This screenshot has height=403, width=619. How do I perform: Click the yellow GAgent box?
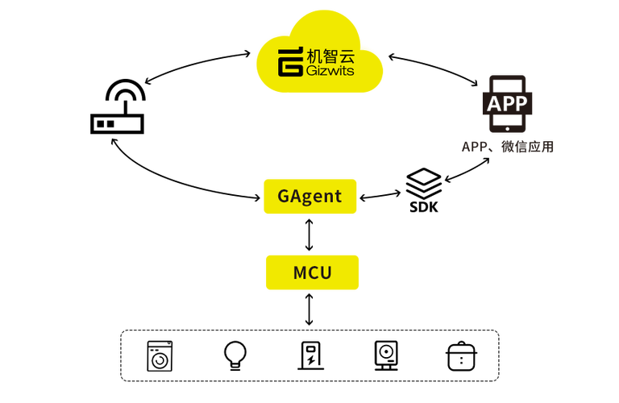point(309,196)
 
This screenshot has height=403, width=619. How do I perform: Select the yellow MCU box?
point(312,272)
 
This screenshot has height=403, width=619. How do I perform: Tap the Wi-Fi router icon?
point(117,106)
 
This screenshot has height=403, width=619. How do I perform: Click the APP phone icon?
point(507,104)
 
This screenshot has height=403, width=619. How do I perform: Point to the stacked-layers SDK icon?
point(424,184)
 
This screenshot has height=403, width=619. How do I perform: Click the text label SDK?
point(424,207)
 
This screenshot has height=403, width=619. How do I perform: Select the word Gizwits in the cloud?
point(330,71)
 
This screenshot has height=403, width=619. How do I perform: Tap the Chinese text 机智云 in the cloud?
point(330,56)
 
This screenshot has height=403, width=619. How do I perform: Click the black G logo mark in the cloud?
point(290,61)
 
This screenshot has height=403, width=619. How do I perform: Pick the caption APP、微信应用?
point(508,147)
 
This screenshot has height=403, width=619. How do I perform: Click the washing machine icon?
point(160,356)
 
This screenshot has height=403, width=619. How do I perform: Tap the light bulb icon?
point(235,355)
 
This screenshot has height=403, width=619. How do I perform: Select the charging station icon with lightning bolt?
point(311,355)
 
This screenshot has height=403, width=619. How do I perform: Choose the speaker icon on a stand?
point(386,355)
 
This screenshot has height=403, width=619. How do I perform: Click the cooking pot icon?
point(462,356)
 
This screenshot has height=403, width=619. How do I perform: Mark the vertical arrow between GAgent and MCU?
point(309,235)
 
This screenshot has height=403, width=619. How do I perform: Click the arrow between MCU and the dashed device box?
point(309,310)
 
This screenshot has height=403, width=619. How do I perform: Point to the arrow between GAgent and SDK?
point(380,196)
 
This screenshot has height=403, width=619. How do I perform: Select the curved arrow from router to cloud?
point(195,63)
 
